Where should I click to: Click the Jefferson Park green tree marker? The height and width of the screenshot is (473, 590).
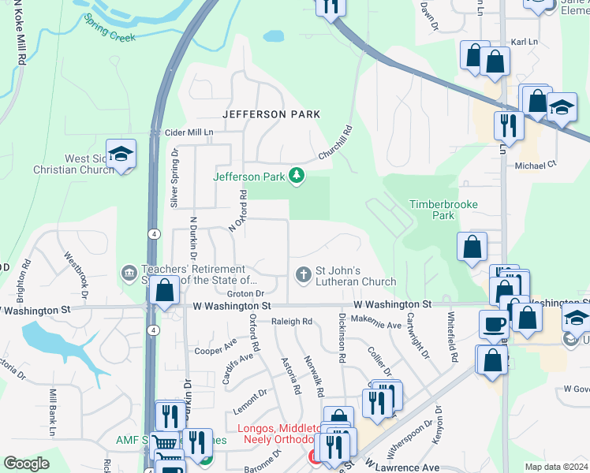coord(297,176)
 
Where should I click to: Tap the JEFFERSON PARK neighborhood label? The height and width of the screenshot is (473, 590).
coord(271,114)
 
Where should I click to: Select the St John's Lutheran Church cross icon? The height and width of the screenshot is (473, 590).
coord(302,274)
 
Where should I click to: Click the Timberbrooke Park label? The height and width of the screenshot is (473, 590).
coord(443,209)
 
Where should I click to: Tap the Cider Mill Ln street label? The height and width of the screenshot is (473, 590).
coord(188,132)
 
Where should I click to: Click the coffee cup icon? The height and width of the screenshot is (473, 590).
coord(495,323)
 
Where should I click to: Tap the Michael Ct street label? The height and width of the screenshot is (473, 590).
coord(536,166)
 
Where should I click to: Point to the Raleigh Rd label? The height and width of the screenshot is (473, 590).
coord(292,322)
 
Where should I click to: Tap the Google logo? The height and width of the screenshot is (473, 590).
coord(26,464)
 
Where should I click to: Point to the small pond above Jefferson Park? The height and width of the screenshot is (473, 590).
coord(274,36)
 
